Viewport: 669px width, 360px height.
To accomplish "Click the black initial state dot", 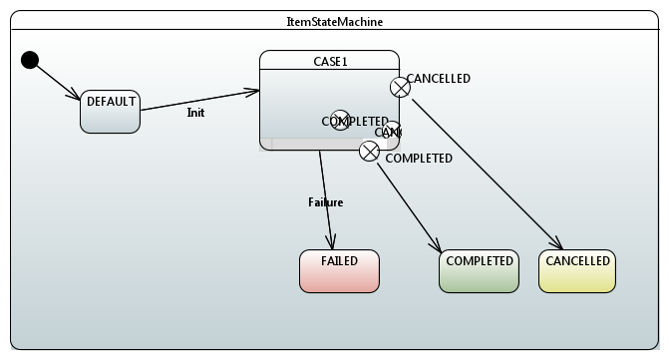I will (30, 60).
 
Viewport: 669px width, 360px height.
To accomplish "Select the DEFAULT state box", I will (110, 111).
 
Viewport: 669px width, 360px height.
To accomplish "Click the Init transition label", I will (195, 113).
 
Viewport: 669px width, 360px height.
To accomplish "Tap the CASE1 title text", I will (329, 61).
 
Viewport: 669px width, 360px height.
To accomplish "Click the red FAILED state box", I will (339, 270).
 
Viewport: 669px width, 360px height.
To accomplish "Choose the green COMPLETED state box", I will (479, 270).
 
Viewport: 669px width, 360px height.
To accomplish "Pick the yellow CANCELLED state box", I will (577, 270).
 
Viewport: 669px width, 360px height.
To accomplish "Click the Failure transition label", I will (325, 202).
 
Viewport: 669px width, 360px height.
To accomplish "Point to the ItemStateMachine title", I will (334, 21).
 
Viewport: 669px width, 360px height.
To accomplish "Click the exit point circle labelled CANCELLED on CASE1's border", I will (400, 87).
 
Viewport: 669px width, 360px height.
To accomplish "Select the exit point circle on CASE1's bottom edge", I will (369, 151).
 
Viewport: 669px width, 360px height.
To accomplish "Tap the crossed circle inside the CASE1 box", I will (340, 121).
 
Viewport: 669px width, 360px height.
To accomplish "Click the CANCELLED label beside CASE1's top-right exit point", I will (439, 79).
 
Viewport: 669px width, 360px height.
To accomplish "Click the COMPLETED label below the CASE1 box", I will (419, 159).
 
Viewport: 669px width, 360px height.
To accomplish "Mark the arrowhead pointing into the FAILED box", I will (332, 242).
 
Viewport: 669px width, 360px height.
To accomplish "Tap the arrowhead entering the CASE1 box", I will (251, 92).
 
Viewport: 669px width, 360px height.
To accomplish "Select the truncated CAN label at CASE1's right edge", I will (388, 132).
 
